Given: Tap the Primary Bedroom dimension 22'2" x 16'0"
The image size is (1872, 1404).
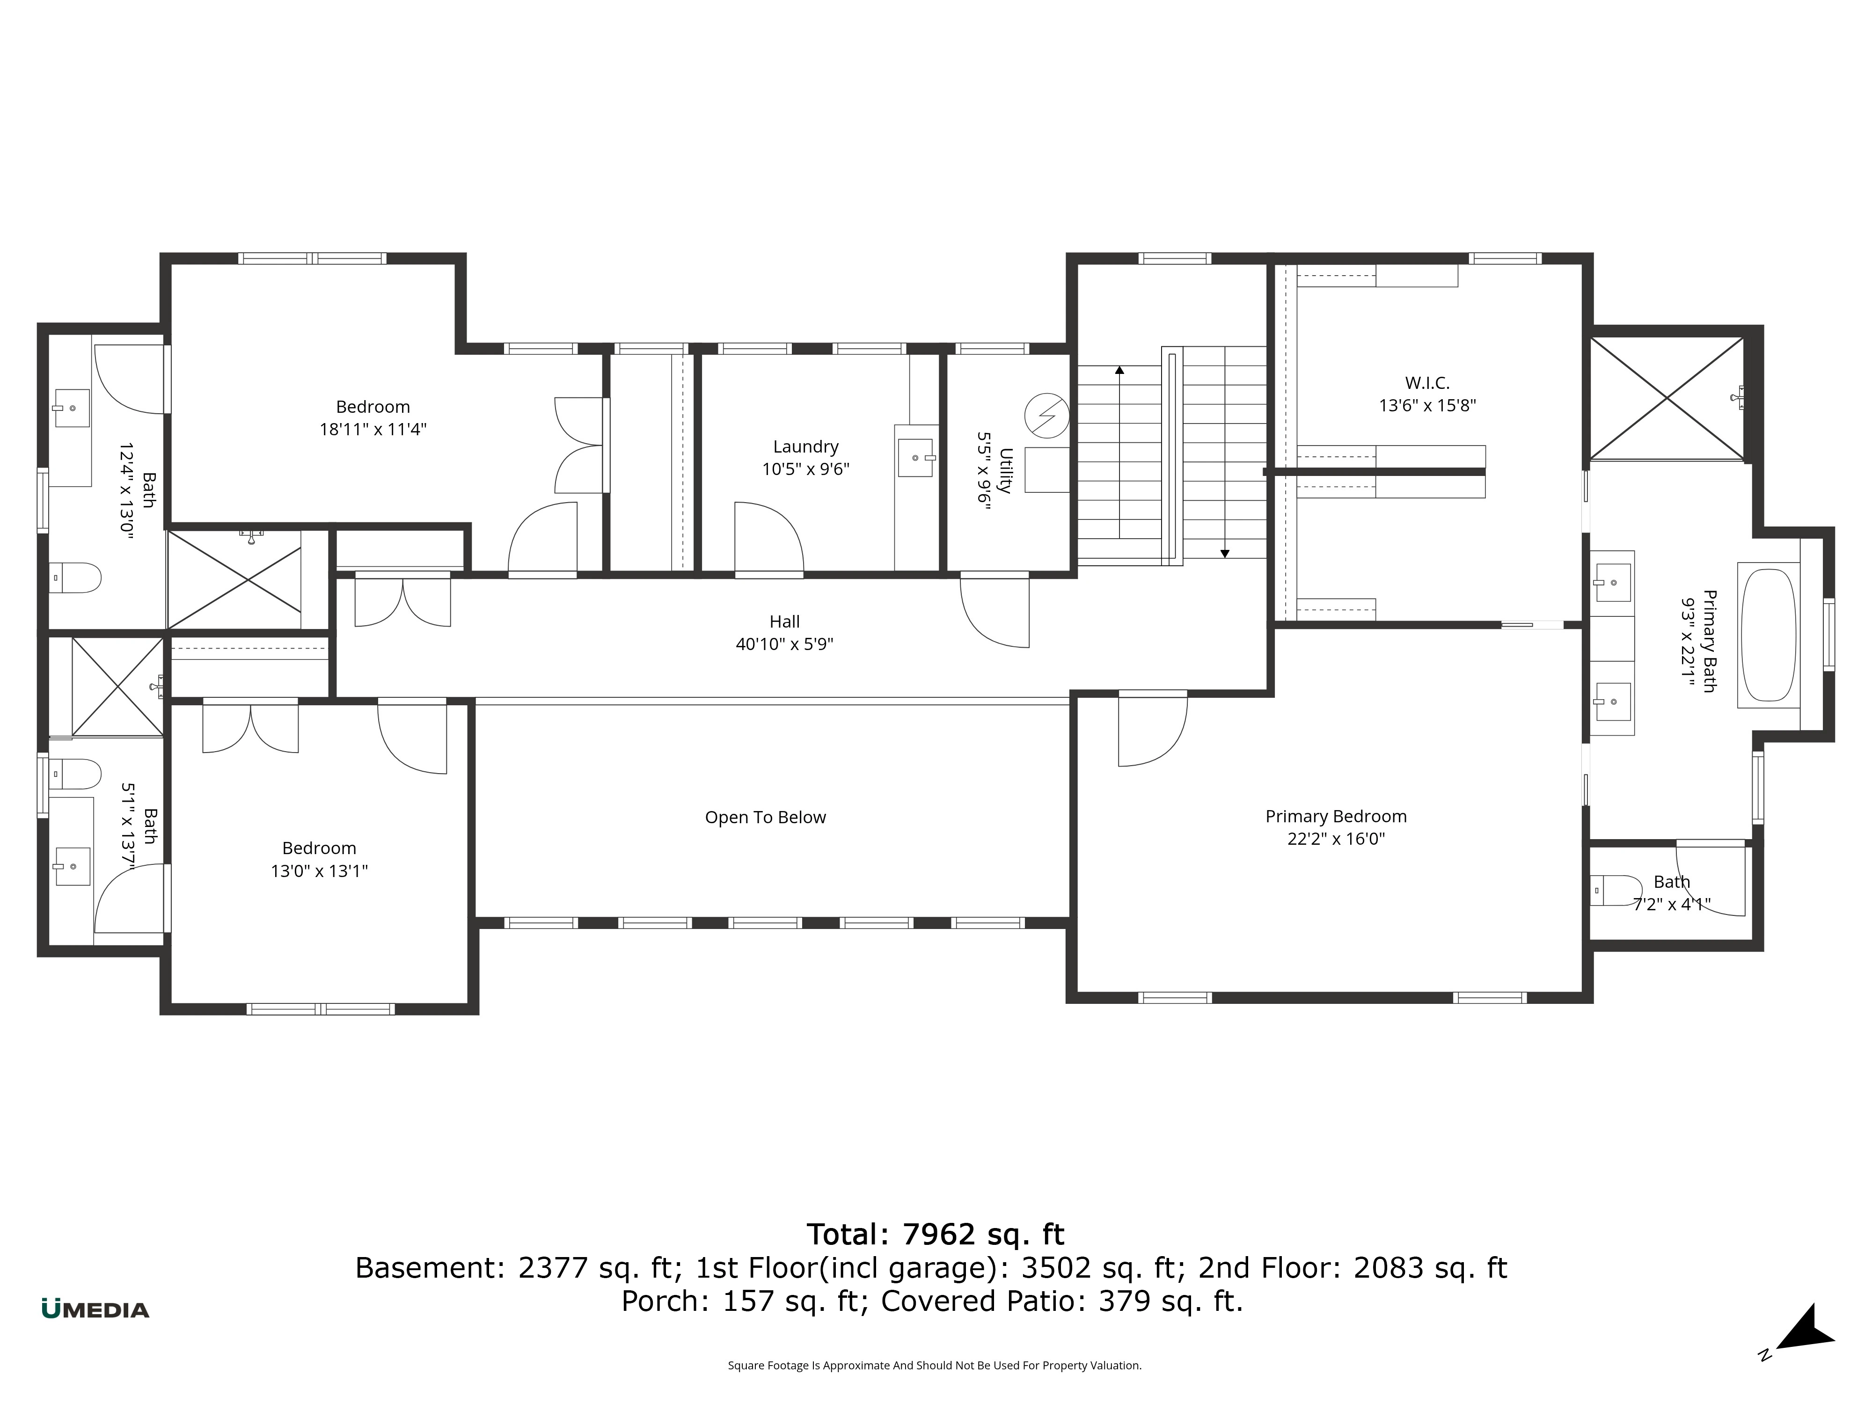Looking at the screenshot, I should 1336,839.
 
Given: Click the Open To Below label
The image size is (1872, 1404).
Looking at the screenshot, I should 765,818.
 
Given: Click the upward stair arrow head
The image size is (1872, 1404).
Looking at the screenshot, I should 1119,370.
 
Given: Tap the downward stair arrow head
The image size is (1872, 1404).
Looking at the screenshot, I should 1225,554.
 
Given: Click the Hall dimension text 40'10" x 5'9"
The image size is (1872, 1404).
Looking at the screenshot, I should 784,644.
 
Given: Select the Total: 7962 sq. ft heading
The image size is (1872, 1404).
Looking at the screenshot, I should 935,1234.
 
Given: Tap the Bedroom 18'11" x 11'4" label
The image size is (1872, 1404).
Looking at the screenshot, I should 373,407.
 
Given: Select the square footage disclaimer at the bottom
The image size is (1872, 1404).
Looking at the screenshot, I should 934,1365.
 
